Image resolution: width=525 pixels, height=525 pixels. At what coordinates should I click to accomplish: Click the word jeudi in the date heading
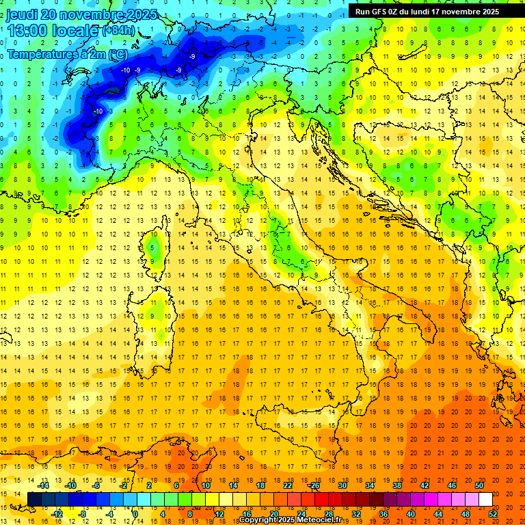[x=23, y=14]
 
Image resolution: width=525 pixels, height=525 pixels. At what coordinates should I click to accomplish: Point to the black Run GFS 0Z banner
[x=427, y=12]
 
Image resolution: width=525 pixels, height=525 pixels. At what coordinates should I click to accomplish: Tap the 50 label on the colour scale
[x=479, y=485]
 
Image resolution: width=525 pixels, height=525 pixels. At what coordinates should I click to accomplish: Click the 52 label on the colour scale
[x=493, y=514]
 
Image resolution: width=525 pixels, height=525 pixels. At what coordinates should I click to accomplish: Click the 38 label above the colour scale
[x=396, y=485]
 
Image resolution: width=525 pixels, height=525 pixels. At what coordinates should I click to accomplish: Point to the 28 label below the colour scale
[x=329, y=514]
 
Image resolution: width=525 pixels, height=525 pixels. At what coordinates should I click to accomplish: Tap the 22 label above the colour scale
[x=288, y=485]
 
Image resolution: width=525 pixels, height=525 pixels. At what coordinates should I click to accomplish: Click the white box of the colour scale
[x=485, y=500]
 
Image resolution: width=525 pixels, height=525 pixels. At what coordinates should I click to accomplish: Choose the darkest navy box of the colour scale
[x=34, y=500]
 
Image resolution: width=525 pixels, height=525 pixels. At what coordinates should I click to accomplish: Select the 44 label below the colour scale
[x=438, y=514]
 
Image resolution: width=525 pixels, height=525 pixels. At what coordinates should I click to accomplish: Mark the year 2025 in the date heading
[x=142, y=14]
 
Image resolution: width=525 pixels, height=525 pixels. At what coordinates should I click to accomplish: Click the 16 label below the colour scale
[x=247, y=514]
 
